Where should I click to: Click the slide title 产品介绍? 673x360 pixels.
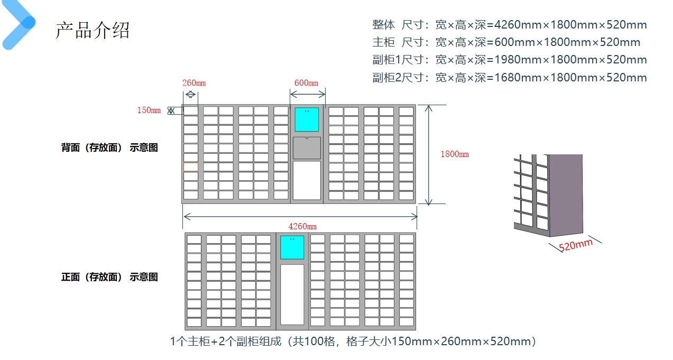pyautogui.click(x=93, y=30)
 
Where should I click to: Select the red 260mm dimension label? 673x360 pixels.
pyautogui.click(x=193, y=83)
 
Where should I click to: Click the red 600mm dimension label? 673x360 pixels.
pyautogui.click(x=306, y=83)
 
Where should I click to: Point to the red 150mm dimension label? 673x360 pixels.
pyautogui.click(x=149, y=110)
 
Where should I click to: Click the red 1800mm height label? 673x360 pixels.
pyautogui.click(x=454, y=154)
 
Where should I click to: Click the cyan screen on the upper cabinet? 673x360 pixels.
pyautogui.click(x=307, y=119)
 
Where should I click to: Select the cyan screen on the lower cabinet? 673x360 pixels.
pyautogui.click(x=292, y=247)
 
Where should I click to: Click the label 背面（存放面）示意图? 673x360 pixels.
pyautogui.click(x=109, y=148)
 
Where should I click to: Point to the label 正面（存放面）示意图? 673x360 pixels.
pyautogui.click(x=109, y=277)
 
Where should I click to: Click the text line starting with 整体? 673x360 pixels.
pyautogui.click(x=509, y=24)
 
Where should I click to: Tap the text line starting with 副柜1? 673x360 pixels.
pyautogui.click(x=509, y=60)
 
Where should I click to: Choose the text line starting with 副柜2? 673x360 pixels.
pyautogui.click(x=509, y=78)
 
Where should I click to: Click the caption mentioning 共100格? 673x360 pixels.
pyautogui.click(x=353, y=341)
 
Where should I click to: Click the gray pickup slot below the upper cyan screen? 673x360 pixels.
pyautogui.click(x=307, y=148)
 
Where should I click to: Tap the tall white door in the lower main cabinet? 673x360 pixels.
pyautogui.click(x=292, y=294)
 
